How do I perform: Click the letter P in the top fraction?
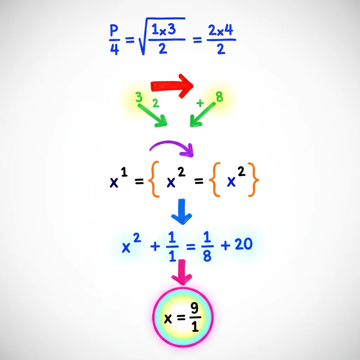coord(114,31)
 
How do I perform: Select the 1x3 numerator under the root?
coord(164,30)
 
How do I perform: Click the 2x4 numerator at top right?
coord(221,30)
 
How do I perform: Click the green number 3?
coord(139,97)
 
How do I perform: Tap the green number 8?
coord(219,97)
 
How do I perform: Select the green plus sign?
coord(200,103)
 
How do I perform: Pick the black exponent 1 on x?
coord(124,172)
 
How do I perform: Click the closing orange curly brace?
coord(253,180)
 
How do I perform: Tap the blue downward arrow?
coord(182,212)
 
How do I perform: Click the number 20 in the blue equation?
coord(244,244)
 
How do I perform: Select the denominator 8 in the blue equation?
coord(207,256)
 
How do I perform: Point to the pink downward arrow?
coord(182,272)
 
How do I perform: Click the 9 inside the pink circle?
coord(194,308)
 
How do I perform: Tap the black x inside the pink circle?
coord(168,319)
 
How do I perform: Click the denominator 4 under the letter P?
coord(115,49)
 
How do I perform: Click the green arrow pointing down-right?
coord(153,115)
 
